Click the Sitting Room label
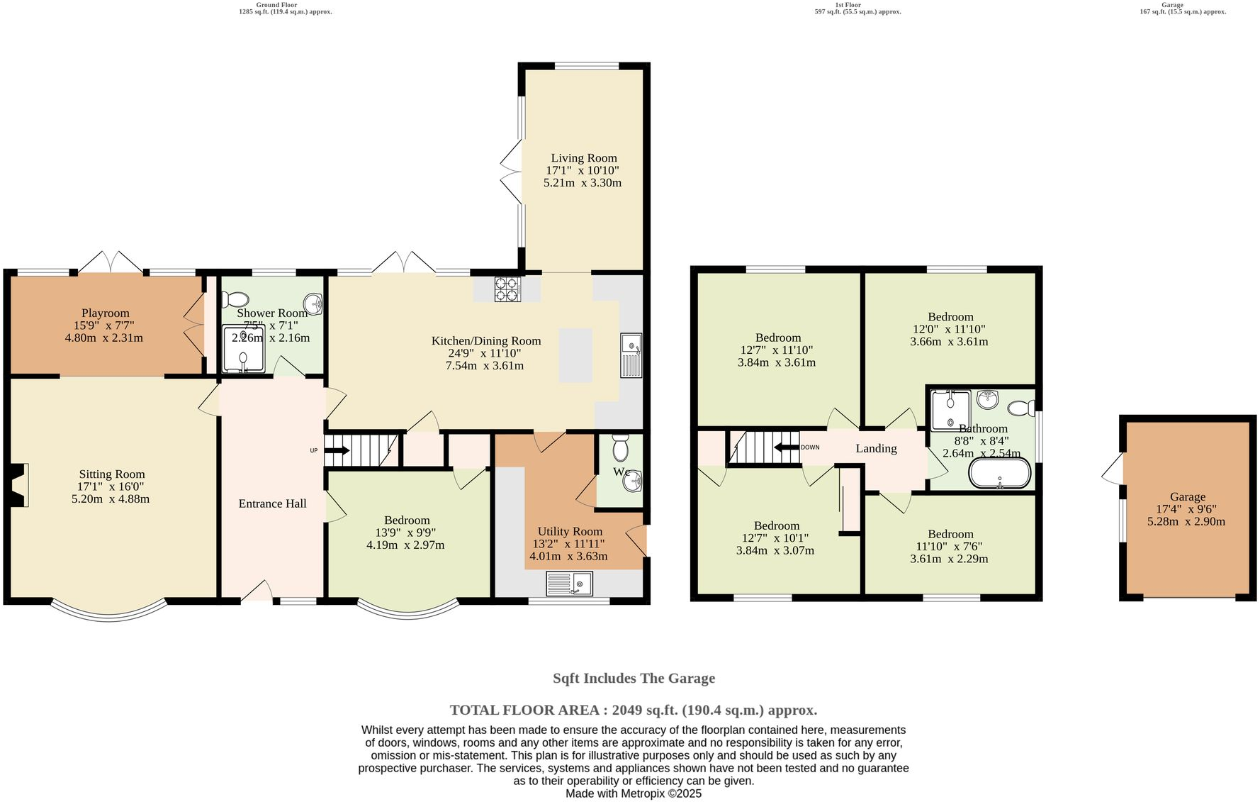[x=112, y=474]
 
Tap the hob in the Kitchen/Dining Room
[x=507, y=289]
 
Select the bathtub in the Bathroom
[x=1000, y=473]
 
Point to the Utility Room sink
[x=570, y=584]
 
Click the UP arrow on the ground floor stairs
[x=337, y=450]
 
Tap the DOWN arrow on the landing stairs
[x=786, y=447]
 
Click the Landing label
[x=876, y=448]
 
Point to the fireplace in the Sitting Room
[x=18, y=485]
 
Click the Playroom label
[x=105, y=313]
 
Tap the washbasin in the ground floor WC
[x=632, y=481]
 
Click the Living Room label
[x=584, y=158]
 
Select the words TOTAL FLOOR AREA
[x=527, y=710]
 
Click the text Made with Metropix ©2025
[x=633, y=793]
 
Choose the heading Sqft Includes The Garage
[x=634, y=678]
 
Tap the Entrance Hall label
[x=272, y=503]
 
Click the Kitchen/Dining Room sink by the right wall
[x=631, y=355]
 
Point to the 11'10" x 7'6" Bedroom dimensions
[x=949, y=547]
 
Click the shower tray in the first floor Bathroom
[x=950, y=411]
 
